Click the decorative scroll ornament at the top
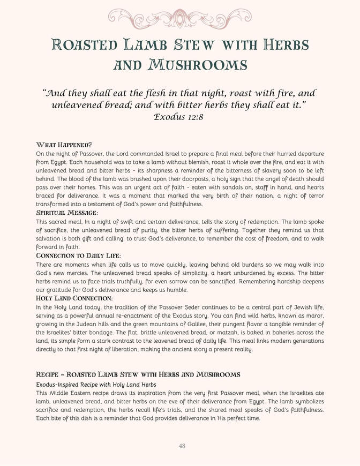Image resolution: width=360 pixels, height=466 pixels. (x=180, y=17)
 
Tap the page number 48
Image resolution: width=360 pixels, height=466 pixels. (x=182, y=446)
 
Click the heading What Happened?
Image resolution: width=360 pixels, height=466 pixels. (x=64, y=145)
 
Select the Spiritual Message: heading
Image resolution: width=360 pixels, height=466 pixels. (x=67, y=213)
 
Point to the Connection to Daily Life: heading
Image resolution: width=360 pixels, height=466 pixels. (x=78, y=256)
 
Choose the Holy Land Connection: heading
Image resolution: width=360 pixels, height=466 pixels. (x=74, y=298)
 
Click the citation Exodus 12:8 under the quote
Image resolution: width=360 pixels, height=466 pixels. (x=179, y=116)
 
